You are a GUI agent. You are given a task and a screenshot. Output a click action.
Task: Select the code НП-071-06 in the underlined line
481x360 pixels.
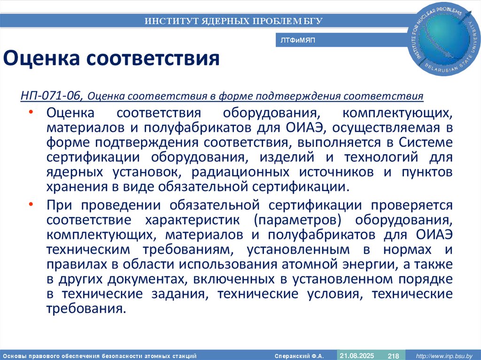point(51,96)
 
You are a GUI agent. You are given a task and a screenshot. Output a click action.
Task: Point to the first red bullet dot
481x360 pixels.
point(31,113)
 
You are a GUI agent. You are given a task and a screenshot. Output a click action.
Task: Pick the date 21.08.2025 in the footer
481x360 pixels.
point(357,355)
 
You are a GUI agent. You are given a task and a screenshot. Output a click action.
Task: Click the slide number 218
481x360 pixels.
point(393,356)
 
